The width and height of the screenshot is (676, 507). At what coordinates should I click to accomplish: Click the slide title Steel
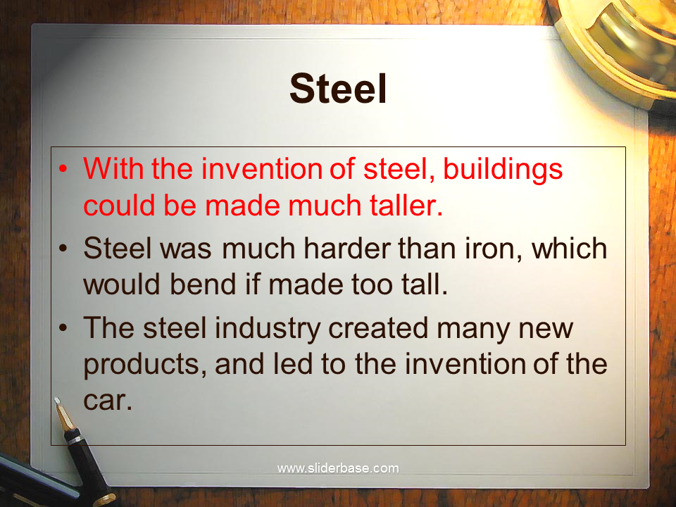pyautogui.click(x=338, y=89)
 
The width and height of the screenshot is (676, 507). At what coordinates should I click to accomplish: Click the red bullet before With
pyautogui.click(x=63, y=168)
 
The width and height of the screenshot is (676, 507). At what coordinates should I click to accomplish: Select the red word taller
pyautogui.click(x=406, y=204)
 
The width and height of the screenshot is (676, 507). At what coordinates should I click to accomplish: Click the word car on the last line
pyautogui.click(x=107, y=400)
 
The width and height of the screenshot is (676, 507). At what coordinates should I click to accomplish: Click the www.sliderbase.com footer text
pyautogui.click(x=338, y=468)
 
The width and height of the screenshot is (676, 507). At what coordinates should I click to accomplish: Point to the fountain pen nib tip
pyautogui.click(x=56, y=399)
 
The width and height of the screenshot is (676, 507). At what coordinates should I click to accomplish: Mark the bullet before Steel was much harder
pyautogui.click(x=63, y=249)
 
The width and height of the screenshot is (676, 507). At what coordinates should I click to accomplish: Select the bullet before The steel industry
pyautogui.click(x=63, y=327)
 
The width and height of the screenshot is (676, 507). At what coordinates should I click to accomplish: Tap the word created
pyautogui.click(x=378, y=327)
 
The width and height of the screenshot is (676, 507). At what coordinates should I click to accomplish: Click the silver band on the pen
pyautogui.click(x=74, y=440)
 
